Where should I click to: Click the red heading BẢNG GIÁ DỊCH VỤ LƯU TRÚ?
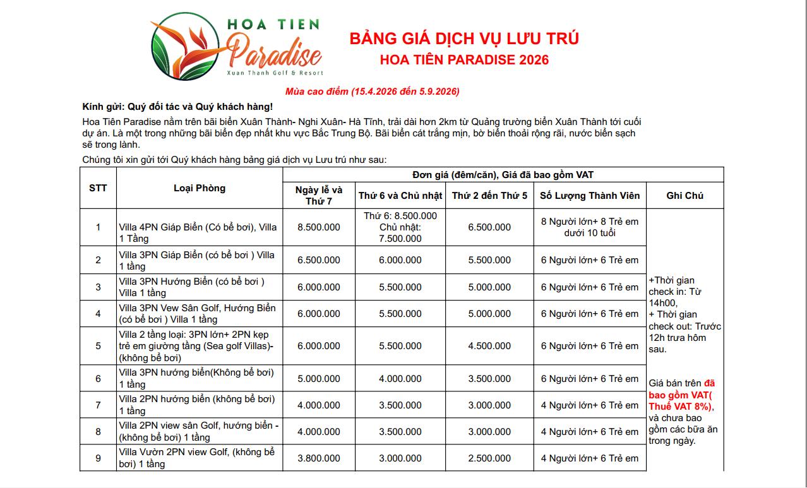464,39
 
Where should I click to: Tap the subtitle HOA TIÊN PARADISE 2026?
464,60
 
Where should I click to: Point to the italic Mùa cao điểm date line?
372,92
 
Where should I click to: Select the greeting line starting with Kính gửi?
177,106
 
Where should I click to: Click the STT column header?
98,188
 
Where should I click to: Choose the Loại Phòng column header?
200,188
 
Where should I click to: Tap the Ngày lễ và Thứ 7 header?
319,195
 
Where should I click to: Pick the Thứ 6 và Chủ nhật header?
400,196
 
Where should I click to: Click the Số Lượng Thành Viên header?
590,196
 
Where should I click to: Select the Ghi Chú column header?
684,196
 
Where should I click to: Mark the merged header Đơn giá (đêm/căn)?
503,175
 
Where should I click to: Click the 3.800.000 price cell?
319,458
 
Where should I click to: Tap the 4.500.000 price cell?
489,346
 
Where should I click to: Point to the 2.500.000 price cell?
489,458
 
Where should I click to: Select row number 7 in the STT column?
98,405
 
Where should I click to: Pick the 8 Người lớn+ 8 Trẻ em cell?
590,227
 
